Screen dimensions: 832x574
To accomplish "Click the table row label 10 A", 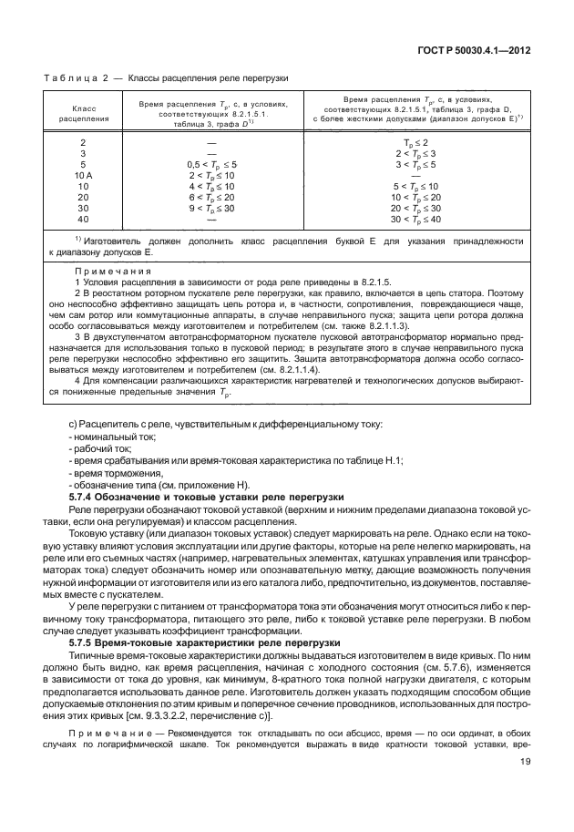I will point(83,174).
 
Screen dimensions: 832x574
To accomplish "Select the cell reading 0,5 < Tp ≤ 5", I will point(212,164).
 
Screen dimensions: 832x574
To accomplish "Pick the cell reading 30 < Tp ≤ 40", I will point(415,219).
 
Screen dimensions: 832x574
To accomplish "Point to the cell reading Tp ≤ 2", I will point(415,142).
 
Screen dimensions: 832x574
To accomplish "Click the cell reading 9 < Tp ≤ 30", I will point(212,208).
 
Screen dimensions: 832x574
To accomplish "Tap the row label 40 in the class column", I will point(83,219).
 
